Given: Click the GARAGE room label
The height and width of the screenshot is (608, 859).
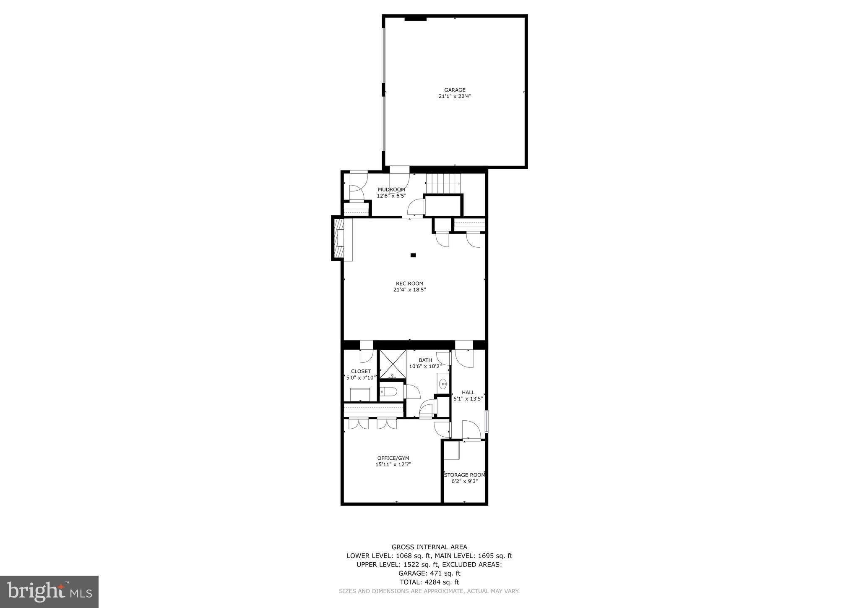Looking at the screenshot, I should [x=455, y=90].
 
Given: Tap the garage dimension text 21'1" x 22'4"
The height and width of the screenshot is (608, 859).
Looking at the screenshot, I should [x=455, y=96].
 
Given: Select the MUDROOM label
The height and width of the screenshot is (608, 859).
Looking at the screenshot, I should [x=391, y=189].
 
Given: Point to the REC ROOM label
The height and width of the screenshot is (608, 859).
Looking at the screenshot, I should [x=409, y=283].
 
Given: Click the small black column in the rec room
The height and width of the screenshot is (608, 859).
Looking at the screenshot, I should [x=413, y=255].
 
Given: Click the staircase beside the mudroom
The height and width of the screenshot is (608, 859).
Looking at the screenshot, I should [x=443, y=183].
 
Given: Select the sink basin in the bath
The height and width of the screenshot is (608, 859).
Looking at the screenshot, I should [x=443, y=383].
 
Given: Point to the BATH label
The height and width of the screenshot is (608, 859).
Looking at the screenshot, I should [x=425, y=360].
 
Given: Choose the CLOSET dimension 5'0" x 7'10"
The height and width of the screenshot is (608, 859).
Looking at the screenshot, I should [x=361, y=378].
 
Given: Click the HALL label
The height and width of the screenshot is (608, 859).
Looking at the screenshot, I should [x=468, y=393].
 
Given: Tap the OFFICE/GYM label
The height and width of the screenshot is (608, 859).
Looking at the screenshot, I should [x=393, y=458].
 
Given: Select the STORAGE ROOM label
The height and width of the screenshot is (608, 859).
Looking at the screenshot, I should [x=464, y=475].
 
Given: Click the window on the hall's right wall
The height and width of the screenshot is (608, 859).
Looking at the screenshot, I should [x=487, y=422].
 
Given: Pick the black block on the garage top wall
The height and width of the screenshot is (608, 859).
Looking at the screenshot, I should [x=415, y=18].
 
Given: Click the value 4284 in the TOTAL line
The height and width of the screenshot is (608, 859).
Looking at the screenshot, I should [x=433, y=582].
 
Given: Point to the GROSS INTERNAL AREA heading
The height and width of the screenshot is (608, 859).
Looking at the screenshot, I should [x=429, y=547].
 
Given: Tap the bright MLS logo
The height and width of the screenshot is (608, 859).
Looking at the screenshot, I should [x=49, y=591].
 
